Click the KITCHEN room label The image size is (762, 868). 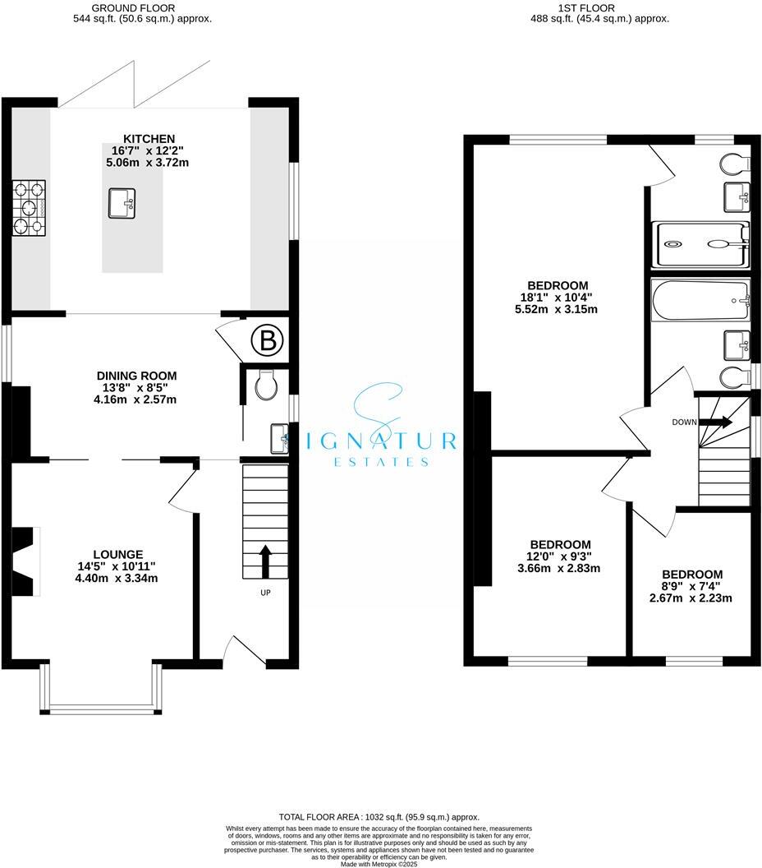pyautogui.click(x=149, y=138)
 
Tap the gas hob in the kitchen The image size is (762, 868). pyautogui.click(x=29, y=208)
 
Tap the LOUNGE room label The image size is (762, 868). pyautogui.click(x=119, y=554)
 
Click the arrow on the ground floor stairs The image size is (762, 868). pyautogui.click(x=265, y=561)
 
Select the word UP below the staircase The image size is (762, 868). pyautogui.click(x=265, y=592)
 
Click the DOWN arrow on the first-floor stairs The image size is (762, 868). pyautogui.click(x=716, y=422)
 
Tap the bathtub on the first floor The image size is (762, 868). pyautogui.click(x=700, y=301)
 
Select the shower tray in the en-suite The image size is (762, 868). pyautogui.click(x=700, y=243)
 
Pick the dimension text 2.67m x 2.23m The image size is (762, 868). pyautogui.click(x=692, y=598)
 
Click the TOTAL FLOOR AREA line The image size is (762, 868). pyautogui.click(x=379, y=817)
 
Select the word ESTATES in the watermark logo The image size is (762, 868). pyautogui.click(x=381, y=463)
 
